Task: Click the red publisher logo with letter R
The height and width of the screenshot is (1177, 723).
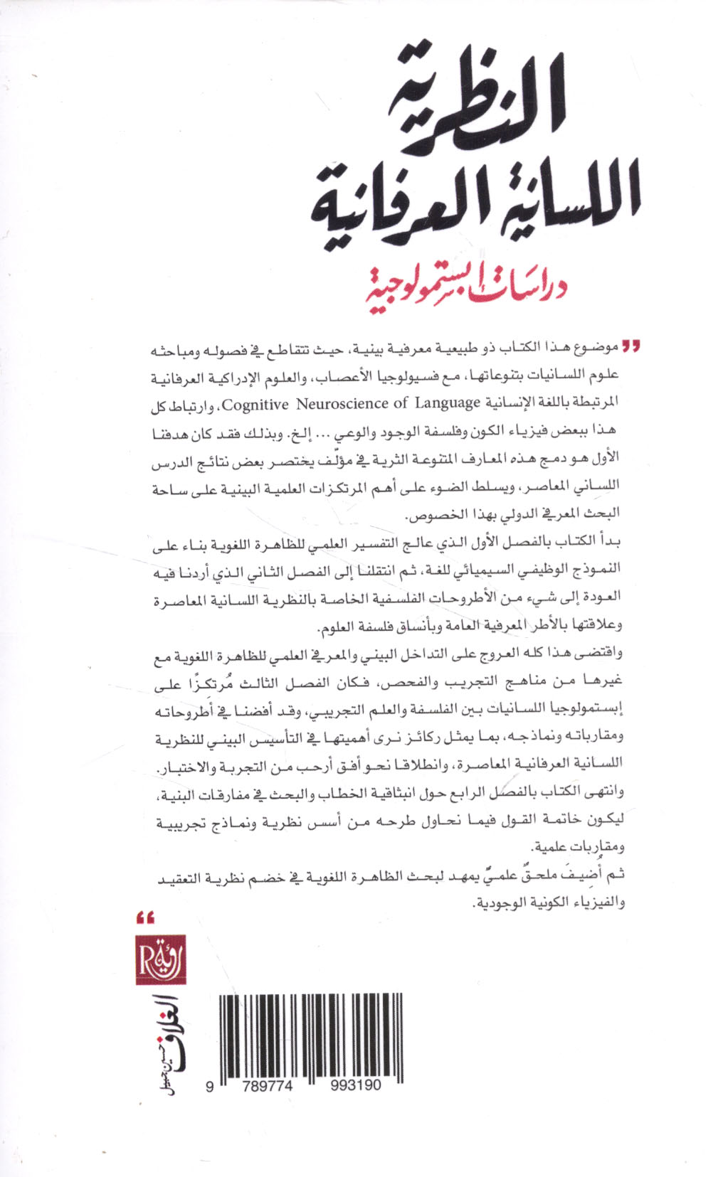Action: coord(160,959)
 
